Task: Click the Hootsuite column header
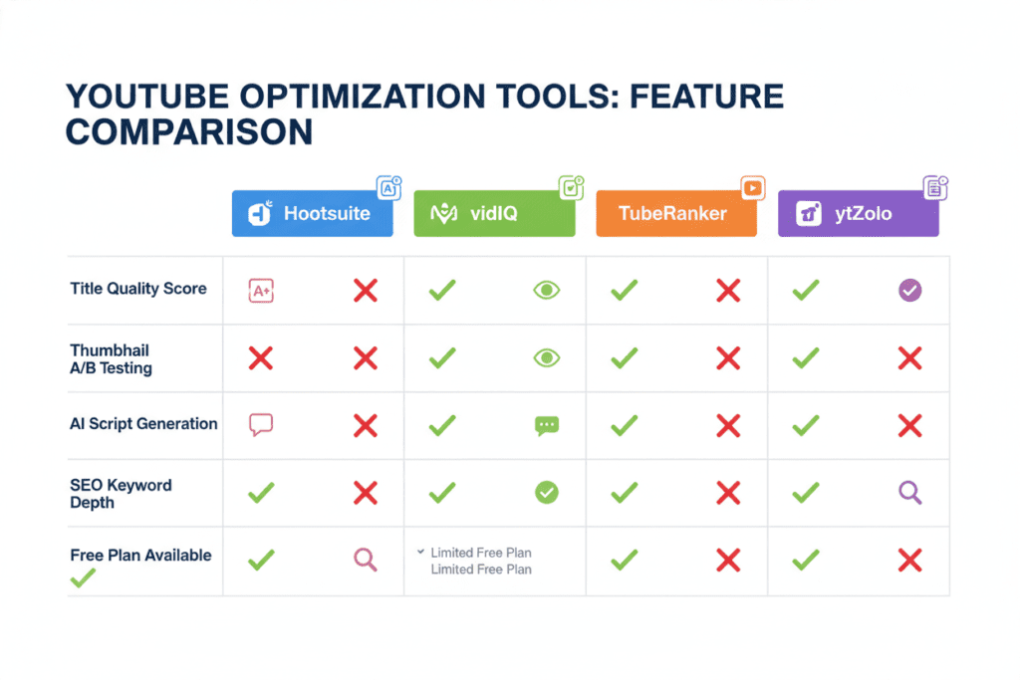[312, 213]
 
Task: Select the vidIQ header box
[494, 213]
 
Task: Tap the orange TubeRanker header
[676, 213]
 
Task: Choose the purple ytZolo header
[859, 213]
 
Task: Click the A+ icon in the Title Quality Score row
[261, 291]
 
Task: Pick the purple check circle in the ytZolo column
[910, 290]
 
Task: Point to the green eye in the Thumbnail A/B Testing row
[547, 357]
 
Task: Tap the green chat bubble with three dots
[547, 426]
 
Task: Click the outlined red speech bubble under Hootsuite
[261, 424]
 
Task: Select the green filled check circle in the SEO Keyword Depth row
[547, 492]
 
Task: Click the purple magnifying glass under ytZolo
[910, 493]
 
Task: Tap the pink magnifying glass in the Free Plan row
[365, 560]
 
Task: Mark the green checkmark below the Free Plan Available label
[83, 577]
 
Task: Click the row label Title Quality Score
[137, 289]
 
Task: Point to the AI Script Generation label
[143, 424]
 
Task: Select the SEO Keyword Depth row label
[121, 494]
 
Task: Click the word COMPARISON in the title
[189, 132]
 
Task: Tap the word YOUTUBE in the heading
[147, 97]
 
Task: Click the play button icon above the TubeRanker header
[753, 188]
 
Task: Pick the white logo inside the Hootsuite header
[260, 213]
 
